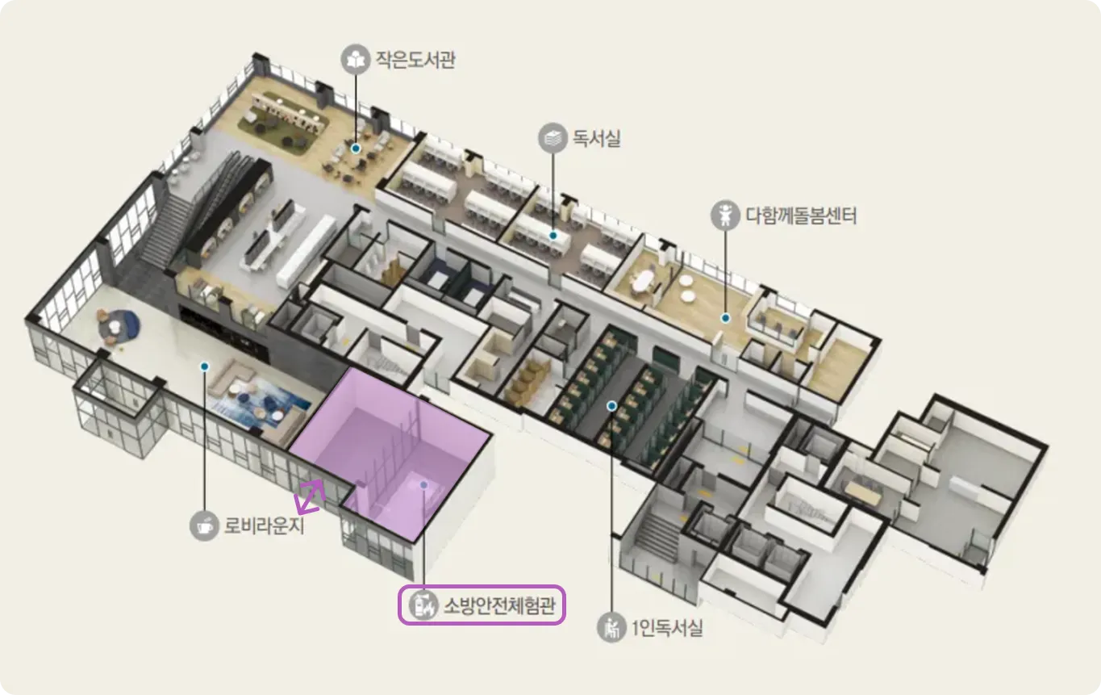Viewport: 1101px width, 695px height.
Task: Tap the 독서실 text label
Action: [597, 138]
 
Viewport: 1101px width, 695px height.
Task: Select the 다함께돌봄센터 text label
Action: [800, 216]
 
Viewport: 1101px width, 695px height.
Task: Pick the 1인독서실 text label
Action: [667, 627]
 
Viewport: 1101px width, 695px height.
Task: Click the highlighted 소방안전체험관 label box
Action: [482, 605]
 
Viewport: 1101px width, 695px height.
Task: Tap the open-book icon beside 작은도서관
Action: [354, 59]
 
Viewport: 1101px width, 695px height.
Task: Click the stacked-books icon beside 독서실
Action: [553, 138]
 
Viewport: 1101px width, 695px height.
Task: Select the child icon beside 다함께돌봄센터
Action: [725, 216]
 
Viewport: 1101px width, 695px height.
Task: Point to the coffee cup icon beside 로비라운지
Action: [205, 525]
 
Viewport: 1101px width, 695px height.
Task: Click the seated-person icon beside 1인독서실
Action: [612, 627]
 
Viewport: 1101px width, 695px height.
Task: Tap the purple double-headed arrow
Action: [310, 496]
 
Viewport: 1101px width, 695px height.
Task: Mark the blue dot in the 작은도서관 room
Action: [355, 149]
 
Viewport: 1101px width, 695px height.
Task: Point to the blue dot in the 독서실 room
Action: [553, 236]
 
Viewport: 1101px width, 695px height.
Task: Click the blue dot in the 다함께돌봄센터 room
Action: [725, 318]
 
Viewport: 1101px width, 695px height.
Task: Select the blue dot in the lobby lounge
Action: [205, 366]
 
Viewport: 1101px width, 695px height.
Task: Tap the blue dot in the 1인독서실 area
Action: [612, 405]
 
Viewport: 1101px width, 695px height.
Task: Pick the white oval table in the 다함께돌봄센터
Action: [643, 282]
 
